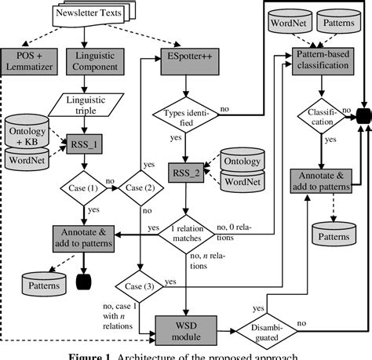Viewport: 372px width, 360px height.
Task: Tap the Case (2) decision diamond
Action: pyautogui.click(x=138, y=189)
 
